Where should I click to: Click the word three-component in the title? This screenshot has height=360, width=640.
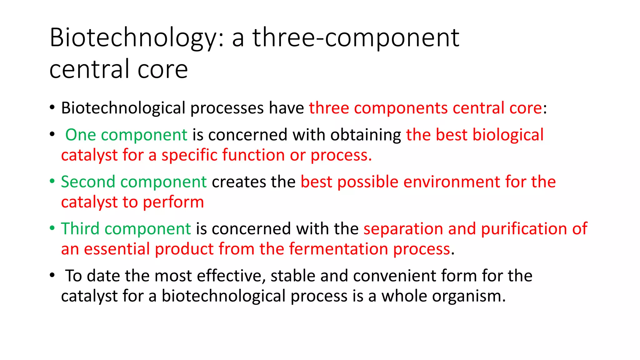click(356, 38)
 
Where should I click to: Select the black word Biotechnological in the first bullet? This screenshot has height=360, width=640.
click(123, 108)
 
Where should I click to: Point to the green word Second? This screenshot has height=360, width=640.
click(88, 182)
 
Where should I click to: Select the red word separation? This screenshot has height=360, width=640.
click(403, 229)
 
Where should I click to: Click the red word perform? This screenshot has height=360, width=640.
click(173, 202)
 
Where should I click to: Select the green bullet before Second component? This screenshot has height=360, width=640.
click(52, 181)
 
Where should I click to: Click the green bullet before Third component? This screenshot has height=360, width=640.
click(52, 228)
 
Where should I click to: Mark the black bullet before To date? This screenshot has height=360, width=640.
click(52, 275)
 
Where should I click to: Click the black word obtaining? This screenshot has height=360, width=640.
click(366, 135)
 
